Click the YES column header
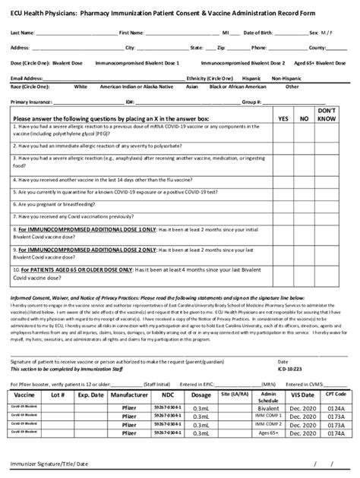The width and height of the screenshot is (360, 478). pos(283,119)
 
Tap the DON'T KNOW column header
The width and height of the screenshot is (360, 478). pos(327,115)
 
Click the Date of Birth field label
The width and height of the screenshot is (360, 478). pos(260,33)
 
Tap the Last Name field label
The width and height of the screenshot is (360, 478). pos(22,33)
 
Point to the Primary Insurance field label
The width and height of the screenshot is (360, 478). pos(31,101)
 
